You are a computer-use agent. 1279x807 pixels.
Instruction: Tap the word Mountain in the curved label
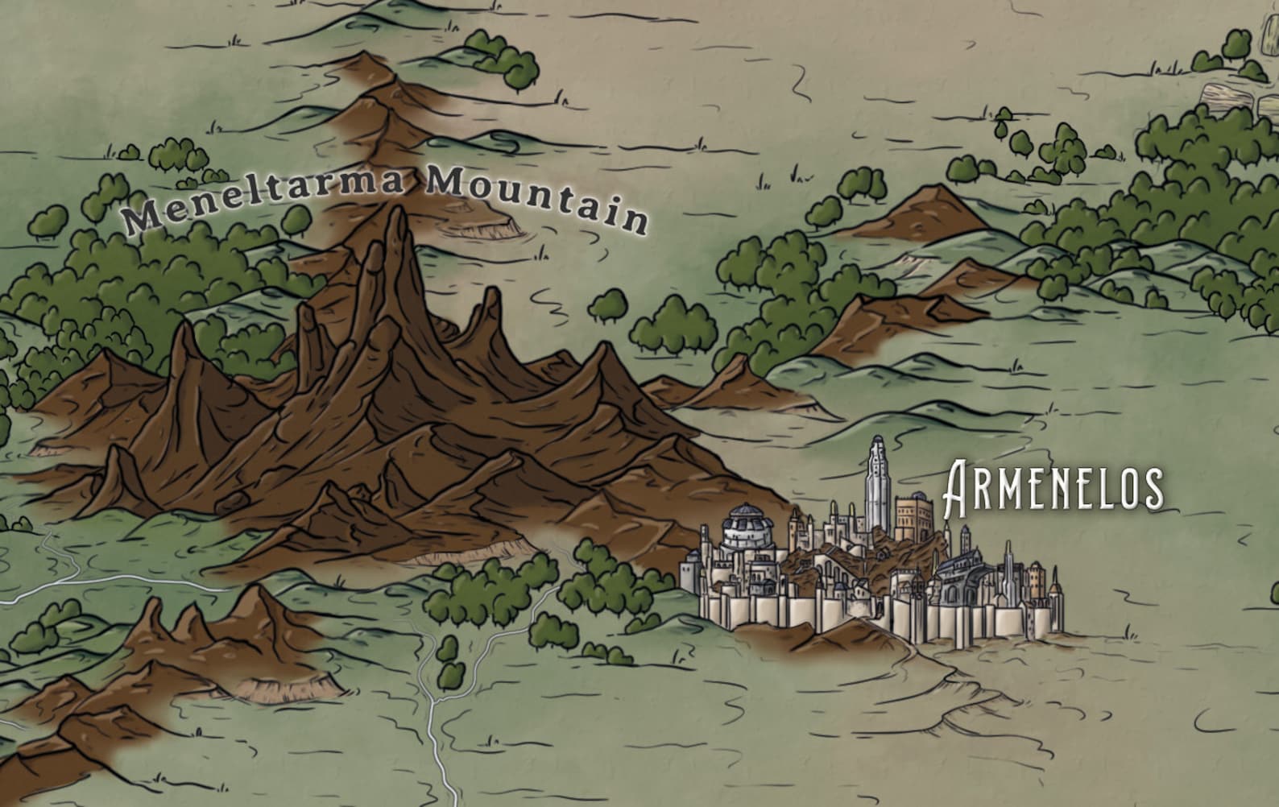click(x=536, y=201)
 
